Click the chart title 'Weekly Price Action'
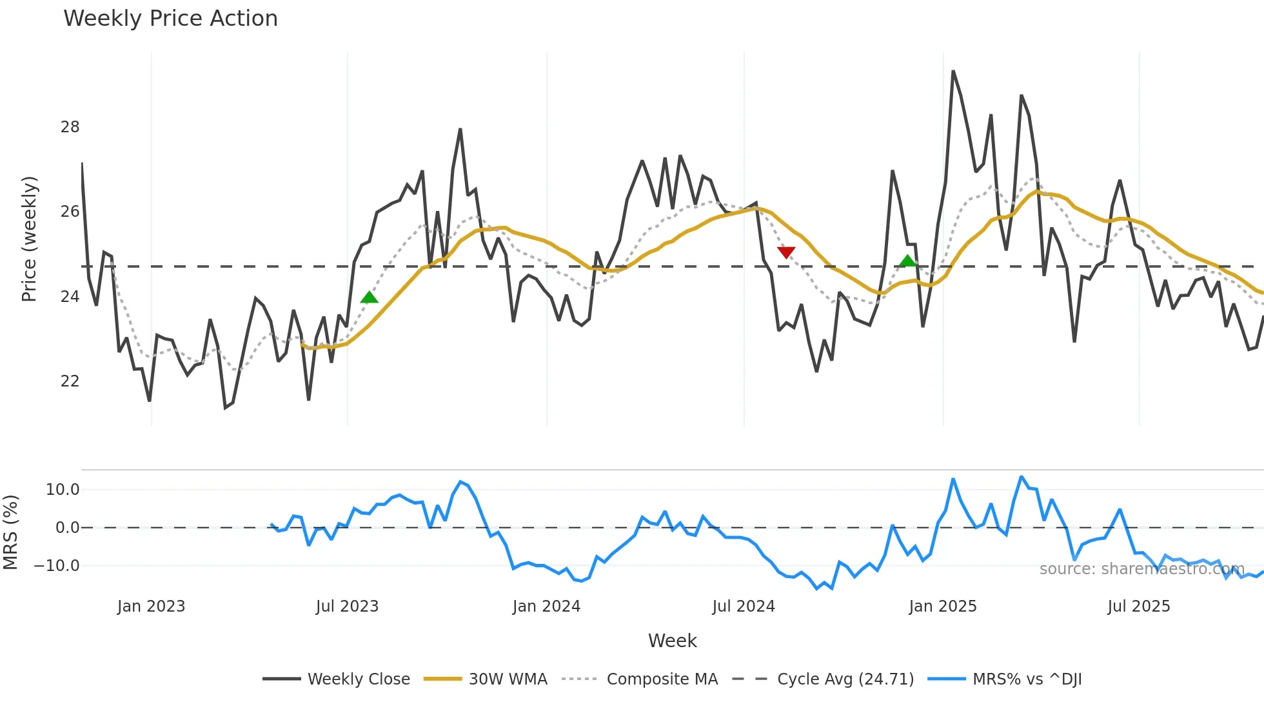tap(170, 19)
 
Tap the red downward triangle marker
tap(786, 252)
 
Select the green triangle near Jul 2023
tap(369, 297)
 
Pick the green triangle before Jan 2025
tap(907, 261)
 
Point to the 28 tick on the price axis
tap(70, 127)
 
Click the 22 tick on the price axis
tap(70, 381)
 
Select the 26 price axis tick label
tap(70, 212)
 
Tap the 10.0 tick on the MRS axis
tap(63, 490)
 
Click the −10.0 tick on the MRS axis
tap(57, 566)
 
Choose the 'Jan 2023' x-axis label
tap(152, 606)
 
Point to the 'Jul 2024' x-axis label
tap(744, 606)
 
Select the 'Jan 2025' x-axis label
tap(943, 606)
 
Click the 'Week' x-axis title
tap(672, 641)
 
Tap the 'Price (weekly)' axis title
tap(30, 239)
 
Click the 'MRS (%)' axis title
tap(11, 532)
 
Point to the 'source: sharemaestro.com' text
tap(1141, 569)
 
